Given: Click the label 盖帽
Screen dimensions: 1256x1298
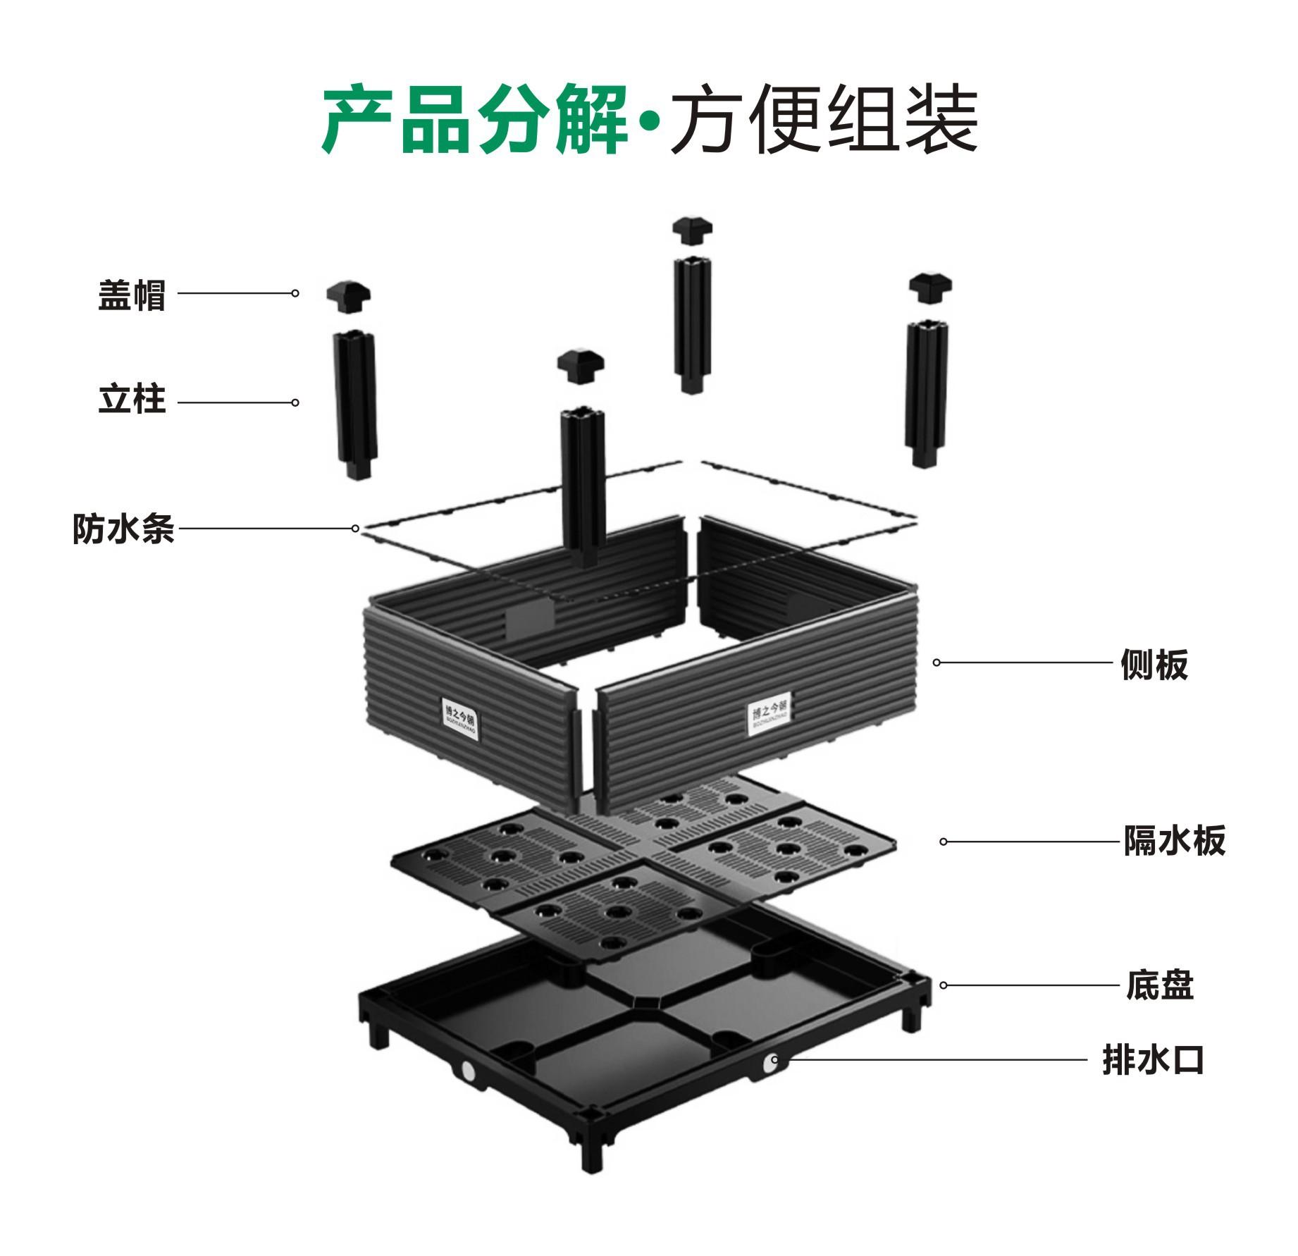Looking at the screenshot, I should (x=132, y=295).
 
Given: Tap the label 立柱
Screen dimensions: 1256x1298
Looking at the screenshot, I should (x=132, y=400).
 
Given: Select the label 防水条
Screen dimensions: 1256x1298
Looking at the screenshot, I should (x=123, y=529).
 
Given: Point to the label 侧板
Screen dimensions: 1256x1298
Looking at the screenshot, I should (x=1154, y=664).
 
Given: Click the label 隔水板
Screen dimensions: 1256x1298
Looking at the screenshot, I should (x=1174, y=840).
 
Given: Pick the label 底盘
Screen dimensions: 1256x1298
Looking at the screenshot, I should (x=1159, y=985).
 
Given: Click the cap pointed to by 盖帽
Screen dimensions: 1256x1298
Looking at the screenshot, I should (x=349, y=297).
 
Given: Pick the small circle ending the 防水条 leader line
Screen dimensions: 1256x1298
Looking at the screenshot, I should (x=356, y=529).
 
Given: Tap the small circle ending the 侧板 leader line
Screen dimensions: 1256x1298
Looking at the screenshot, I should (x=937, y=663).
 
